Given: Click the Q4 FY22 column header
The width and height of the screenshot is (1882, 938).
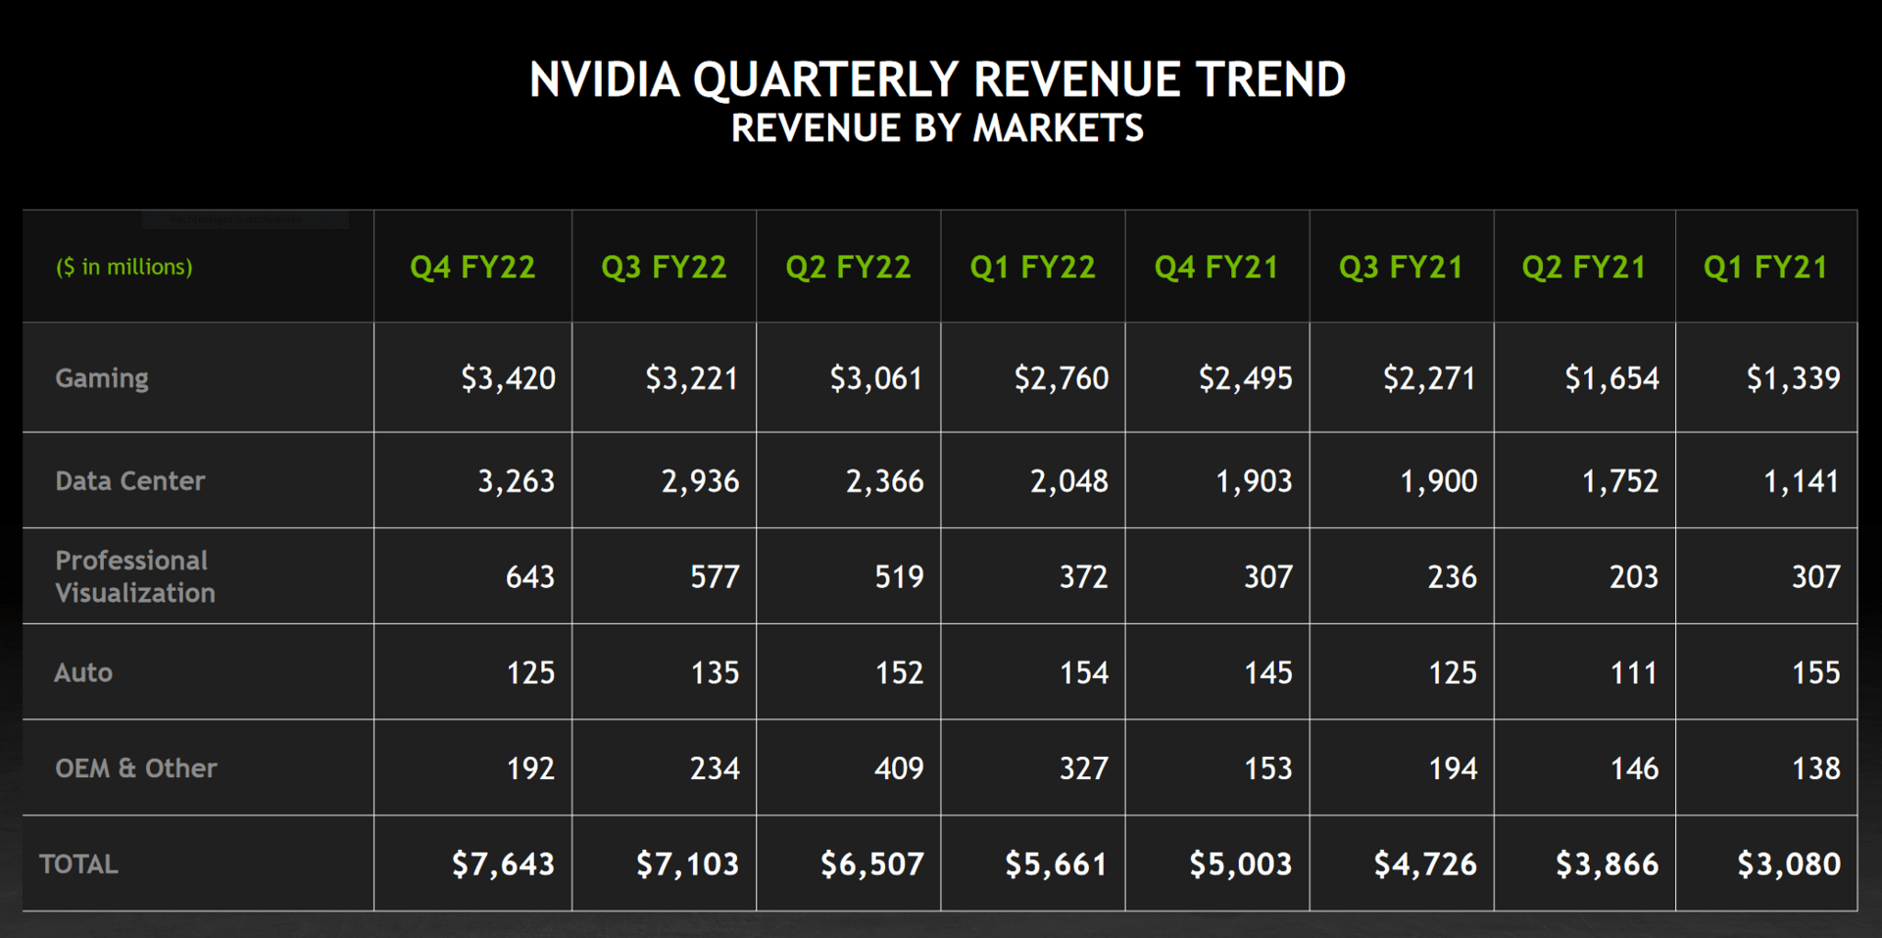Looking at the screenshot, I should (x=472, y=268).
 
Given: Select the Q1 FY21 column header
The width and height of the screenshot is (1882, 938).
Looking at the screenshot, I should (x=1765, y=268).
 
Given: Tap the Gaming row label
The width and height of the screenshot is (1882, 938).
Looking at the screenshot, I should (x=102, y=378).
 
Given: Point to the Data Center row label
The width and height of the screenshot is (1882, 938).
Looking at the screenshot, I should (x=130, y=481).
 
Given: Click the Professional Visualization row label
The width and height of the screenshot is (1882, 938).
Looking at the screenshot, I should (x=134, y=576).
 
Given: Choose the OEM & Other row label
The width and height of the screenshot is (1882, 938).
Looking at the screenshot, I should (x=136, y=768).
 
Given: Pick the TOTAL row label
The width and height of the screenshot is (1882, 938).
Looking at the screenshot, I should (x=78, y=864).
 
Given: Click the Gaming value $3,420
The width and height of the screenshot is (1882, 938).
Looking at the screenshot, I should (x=508, y=378).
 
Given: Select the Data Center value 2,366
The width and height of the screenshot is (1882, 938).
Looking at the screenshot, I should (x=884, y=481).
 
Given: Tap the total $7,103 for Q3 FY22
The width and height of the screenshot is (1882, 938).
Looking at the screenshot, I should (x=687, y=864).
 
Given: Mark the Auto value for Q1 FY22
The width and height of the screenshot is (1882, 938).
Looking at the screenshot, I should (x=1083, y=672).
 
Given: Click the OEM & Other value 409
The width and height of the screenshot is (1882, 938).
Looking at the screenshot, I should (x=899, y=768).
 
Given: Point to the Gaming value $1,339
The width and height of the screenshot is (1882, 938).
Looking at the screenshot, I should (x=1793, y=378).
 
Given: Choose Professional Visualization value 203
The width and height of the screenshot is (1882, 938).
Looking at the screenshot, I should (x=1633, y=576).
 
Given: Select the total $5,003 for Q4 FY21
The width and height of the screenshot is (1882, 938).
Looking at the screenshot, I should (x=1240, y=864).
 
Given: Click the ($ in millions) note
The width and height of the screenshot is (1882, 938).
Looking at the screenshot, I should (x=124, y=268).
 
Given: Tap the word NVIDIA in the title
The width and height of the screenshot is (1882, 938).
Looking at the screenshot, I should (x=605, y=80).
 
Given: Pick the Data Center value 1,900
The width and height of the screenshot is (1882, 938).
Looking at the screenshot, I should (x=1438, y=481).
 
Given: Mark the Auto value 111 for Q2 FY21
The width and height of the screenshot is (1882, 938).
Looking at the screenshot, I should (x=1633, y=672).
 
